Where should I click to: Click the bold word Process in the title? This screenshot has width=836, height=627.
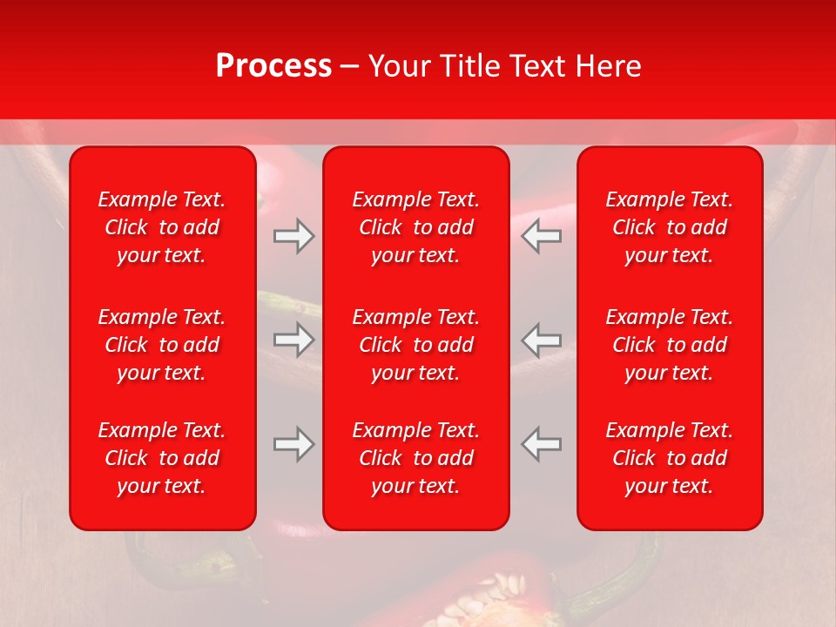(x=273, y=66)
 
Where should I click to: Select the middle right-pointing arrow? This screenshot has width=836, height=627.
(x=293, y=340)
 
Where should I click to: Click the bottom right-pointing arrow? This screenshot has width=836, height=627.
(x=293, y=444)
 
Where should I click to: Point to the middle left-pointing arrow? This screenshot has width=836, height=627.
(x=542, y=340)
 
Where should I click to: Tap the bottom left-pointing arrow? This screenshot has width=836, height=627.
(x=542, y=444)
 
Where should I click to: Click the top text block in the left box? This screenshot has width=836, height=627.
(x=162, y=227)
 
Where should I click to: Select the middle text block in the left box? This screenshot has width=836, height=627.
(x=162, y=345)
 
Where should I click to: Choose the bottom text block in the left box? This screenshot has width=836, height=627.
(x=162, y=458)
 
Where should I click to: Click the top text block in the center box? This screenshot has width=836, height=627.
(x=416, y=227)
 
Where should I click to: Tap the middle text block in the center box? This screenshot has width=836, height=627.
(x=416, y=345)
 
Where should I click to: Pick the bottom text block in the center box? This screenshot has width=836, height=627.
(x=416, y=458)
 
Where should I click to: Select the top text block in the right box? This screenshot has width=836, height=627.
(x=670, y=227)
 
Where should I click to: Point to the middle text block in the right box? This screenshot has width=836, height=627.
(x=670, y=345)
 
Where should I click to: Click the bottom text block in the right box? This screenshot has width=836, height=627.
(x=670, y=458)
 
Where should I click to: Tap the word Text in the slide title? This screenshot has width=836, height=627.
(x=536, y=66)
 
